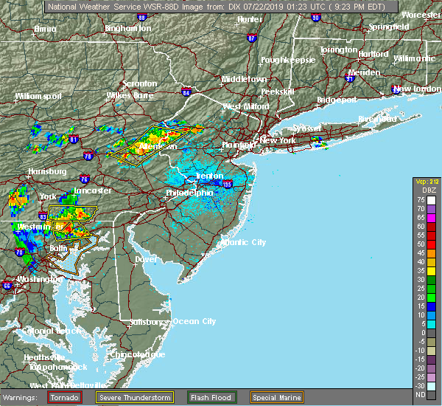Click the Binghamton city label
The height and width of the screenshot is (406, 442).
click(127, 28)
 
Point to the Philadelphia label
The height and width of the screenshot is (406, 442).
click(189, 193)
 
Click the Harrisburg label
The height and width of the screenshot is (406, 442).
click(43, 171)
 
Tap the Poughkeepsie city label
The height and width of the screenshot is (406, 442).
click(288, 59)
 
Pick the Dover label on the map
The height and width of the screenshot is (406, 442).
click(147, 259)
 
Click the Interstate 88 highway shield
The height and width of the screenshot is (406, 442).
click(141, 16)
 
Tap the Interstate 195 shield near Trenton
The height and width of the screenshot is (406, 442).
click(227, 184)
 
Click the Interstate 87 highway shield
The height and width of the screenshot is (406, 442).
click(251, 38)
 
